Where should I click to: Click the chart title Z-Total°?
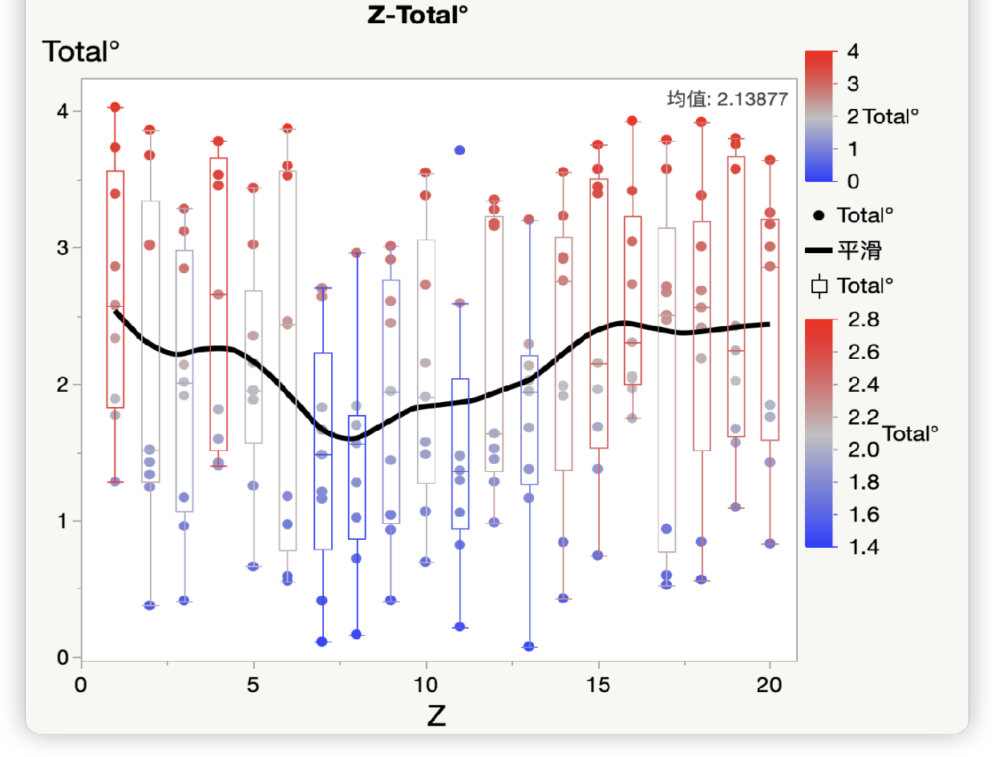[x=417, y=15]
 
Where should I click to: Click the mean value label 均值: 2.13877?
[x=727, y=99]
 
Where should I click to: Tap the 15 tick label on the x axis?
[x=597, y=686]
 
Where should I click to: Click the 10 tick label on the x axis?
[x=425, y=686]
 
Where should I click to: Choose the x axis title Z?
[x=436, y=715]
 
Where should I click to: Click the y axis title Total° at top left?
[x=80, y=52]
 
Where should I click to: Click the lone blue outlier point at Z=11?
[x=459, y=150]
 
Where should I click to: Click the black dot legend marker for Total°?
[x=819, y=216]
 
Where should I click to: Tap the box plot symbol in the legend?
[x=819, y=286]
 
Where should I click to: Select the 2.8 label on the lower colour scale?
[x=863, y=320]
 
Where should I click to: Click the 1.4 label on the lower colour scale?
[x=863, y=547]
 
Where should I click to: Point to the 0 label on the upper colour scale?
[x=853, y=181]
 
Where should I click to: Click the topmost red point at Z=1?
[x=115, y=107]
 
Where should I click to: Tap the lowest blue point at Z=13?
[x=528, y=646]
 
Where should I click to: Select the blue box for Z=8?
[x=357, y=477]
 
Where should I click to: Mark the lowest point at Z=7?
[x=322, y=642]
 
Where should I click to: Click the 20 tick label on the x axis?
[x=770, y=686]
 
